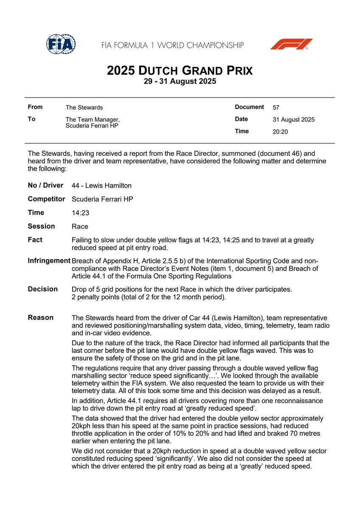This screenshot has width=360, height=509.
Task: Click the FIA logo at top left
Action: tap(61, 44)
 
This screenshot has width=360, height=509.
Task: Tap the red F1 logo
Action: tap(292, 44)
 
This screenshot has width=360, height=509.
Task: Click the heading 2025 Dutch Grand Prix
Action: tap(180, 70)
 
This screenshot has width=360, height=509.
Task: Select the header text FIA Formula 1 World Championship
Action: tap(172, 45)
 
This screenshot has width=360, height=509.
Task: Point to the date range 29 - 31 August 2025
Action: tap(180, 81)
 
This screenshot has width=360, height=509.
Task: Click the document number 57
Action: tap(276, 108)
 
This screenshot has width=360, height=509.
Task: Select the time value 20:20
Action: tap(280, 131)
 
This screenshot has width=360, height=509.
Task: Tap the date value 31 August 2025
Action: tap(293, 120)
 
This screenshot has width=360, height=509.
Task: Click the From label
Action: tap(35, 107)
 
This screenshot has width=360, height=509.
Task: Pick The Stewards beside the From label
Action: tap(84, 108)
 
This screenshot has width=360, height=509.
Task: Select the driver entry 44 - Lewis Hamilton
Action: tap(101, 185)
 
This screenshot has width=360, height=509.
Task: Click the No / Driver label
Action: tap(45, 185)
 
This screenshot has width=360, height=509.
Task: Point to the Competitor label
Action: tap(46, 199)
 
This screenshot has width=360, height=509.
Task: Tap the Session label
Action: tap(41, 226)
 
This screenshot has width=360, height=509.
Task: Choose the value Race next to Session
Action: tap(80, 227)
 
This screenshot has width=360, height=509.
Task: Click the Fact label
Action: tap(35, 240)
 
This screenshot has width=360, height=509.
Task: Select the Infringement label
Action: tap(49, 260)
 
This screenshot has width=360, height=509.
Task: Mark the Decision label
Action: tap(42, 289)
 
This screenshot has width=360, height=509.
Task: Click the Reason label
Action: tap(40, 317)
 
